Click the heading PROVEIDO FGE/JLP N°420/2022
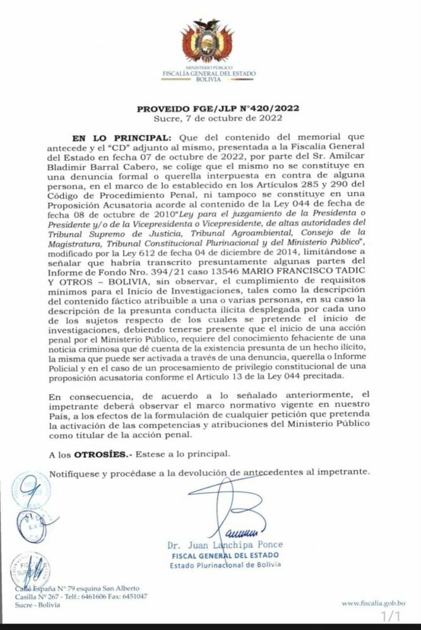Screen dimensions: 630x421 pyautogui.click(x=210, y=108)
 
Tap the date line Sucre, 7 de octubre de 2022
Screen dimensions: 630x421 pyautogui.click(x=210, y=118)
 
